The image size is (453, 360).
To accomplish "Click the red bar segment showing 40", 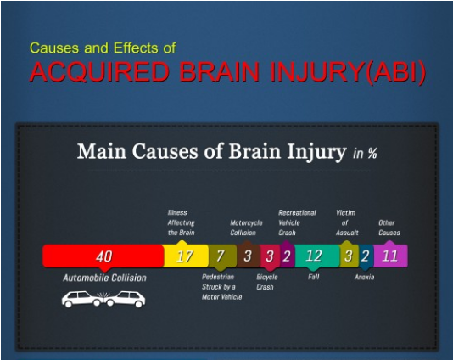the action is pos(103,256).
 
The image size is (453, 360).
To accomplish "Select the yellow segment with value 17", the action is pos(186,256).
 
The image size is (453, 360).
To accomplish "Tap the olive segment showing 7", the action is pos(222,256).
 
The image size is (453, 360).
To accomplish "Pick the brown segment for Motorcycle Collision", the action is pos(249,256).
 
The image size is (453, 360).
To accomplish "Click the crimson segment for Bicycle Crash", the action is pos(270,256).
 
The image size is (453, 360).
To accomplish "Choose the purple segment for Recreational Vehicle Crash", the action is pos(288,256).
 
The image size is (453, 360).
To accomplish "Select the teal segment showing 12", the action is pos(317,256).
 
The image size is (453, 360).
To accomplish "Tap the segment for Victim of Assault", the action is pos(349,256).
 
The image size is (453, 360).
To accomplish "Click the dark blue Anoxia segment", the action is pos(366,256).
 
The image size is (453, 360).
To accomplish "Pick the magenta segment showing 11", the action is pos(390,256).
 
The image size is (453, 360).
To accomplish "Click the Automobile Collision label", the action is pos(104,278).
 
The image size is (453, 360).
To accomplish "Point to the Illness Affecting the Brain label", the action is pos(182,222).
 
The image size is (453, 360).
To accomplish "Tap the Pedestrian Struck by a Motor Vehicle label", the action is pos(222,287).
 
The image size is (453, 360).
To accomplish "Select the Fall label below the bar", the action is pos(314,277).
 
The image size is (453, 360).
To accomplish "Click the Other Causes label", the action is pos(389,228).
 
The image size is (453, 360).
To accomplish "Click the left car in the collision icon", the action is pos(81,299).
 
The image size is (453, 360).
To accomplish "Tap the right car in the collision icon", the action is pos(125,299).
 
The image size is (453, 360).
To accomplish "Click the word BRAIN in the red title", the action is pos(221,71).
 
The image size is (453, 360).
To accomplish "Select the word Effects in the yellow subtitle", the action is pos(136,48).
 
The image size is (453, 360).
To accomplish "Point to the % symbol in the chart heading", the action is pos(372,153).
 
